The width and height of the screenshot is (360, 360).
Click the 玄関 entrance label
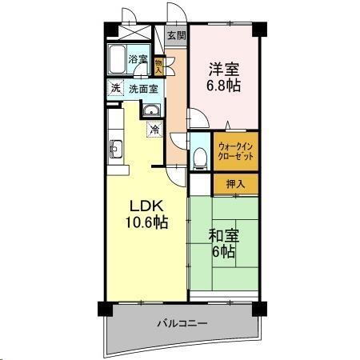177,35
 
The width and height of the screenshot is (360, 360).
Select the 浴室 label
138,58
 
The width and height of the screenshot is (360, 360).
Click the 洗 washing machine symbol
115,88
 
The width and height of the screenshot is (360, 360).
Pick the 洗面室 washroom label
144,88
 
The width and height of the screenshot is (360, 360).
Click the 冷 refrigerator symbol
153,129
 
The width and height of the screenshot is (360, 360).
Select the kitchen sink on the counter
114,148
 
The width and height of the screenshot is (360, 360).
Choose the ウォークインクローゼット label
235,153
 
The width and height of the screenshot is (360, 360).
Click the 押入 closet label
235,183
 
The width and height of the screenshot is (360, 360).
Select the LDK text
144,205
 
